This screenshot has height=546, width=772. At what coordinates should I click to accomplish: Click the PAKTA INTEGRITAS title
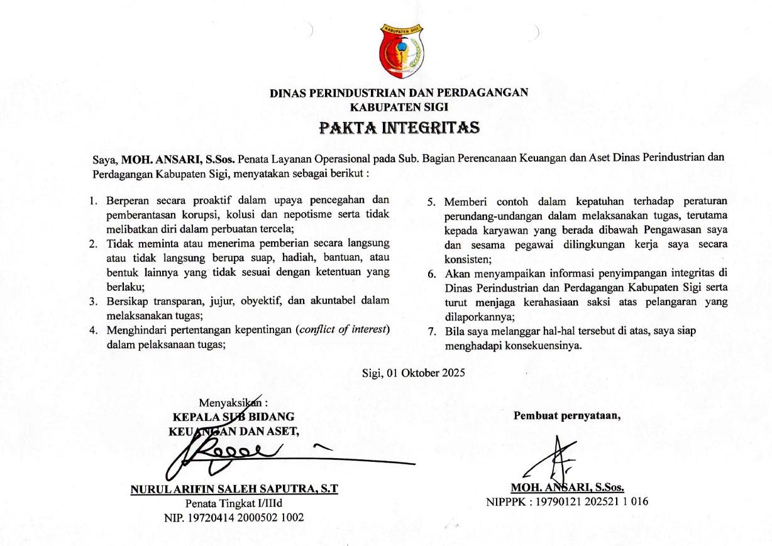[x=399, y=128]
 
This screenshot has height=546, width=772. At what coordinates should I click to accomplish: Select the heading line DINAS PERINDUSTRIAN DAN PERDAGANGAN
[x=399, y=93]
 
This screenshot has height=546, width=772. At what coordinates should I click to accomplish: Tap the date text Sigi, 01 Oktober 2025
[x=413, y=373]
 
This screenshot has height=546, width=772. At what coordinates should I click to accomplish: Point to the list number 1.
[x=92, y=202]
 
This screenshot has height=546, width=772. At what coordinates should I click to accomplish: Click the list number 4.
[x=92, y=330]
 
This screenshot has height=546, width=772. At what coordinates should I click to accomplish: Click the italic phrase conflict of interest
[x=342, y=330]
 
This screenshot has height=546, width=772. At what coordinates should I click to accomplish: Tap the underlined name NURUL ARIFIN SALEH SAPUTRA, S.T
[x=234, y=489]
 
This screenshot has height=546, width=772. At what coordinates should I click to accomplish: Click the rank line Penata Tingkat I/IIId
[x=233, y=503]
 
